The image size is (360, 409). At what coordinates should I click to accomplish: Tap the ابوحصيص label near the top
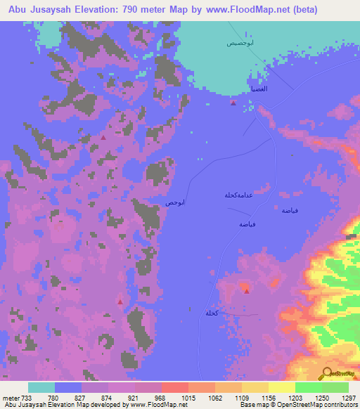pos(240,43)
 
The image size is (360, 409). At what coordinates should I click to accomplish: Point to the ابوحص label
pos(175,202)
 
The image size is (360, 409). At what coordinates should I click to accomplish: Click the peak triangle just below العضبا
pos(233,103)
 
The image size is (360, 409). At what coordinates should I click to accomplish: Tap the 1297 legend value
pos(349,397)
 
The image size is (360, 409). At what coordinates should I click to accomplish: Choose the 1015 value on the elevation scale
pos(188,397)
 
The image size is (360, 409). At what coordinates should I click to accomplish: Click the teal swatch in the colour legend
pos(41,387)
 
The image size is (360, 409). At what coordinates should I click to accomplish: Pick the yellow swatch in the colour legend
pos(281,387)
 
